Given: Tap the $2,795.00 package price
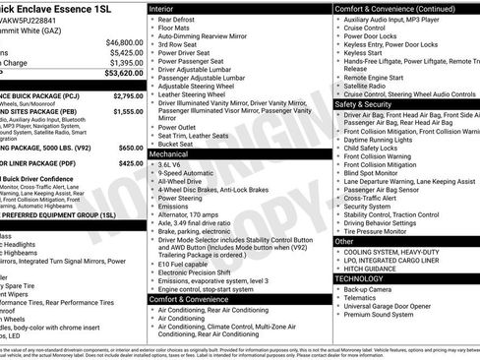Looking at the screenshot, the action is [128, 96].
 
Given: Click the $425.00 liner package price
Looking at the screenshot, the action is [131, 163].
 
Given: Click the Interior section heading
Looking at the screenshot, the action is [162, 8].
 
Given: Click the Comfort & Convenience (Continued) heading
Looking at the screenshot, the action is [393, 8].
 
